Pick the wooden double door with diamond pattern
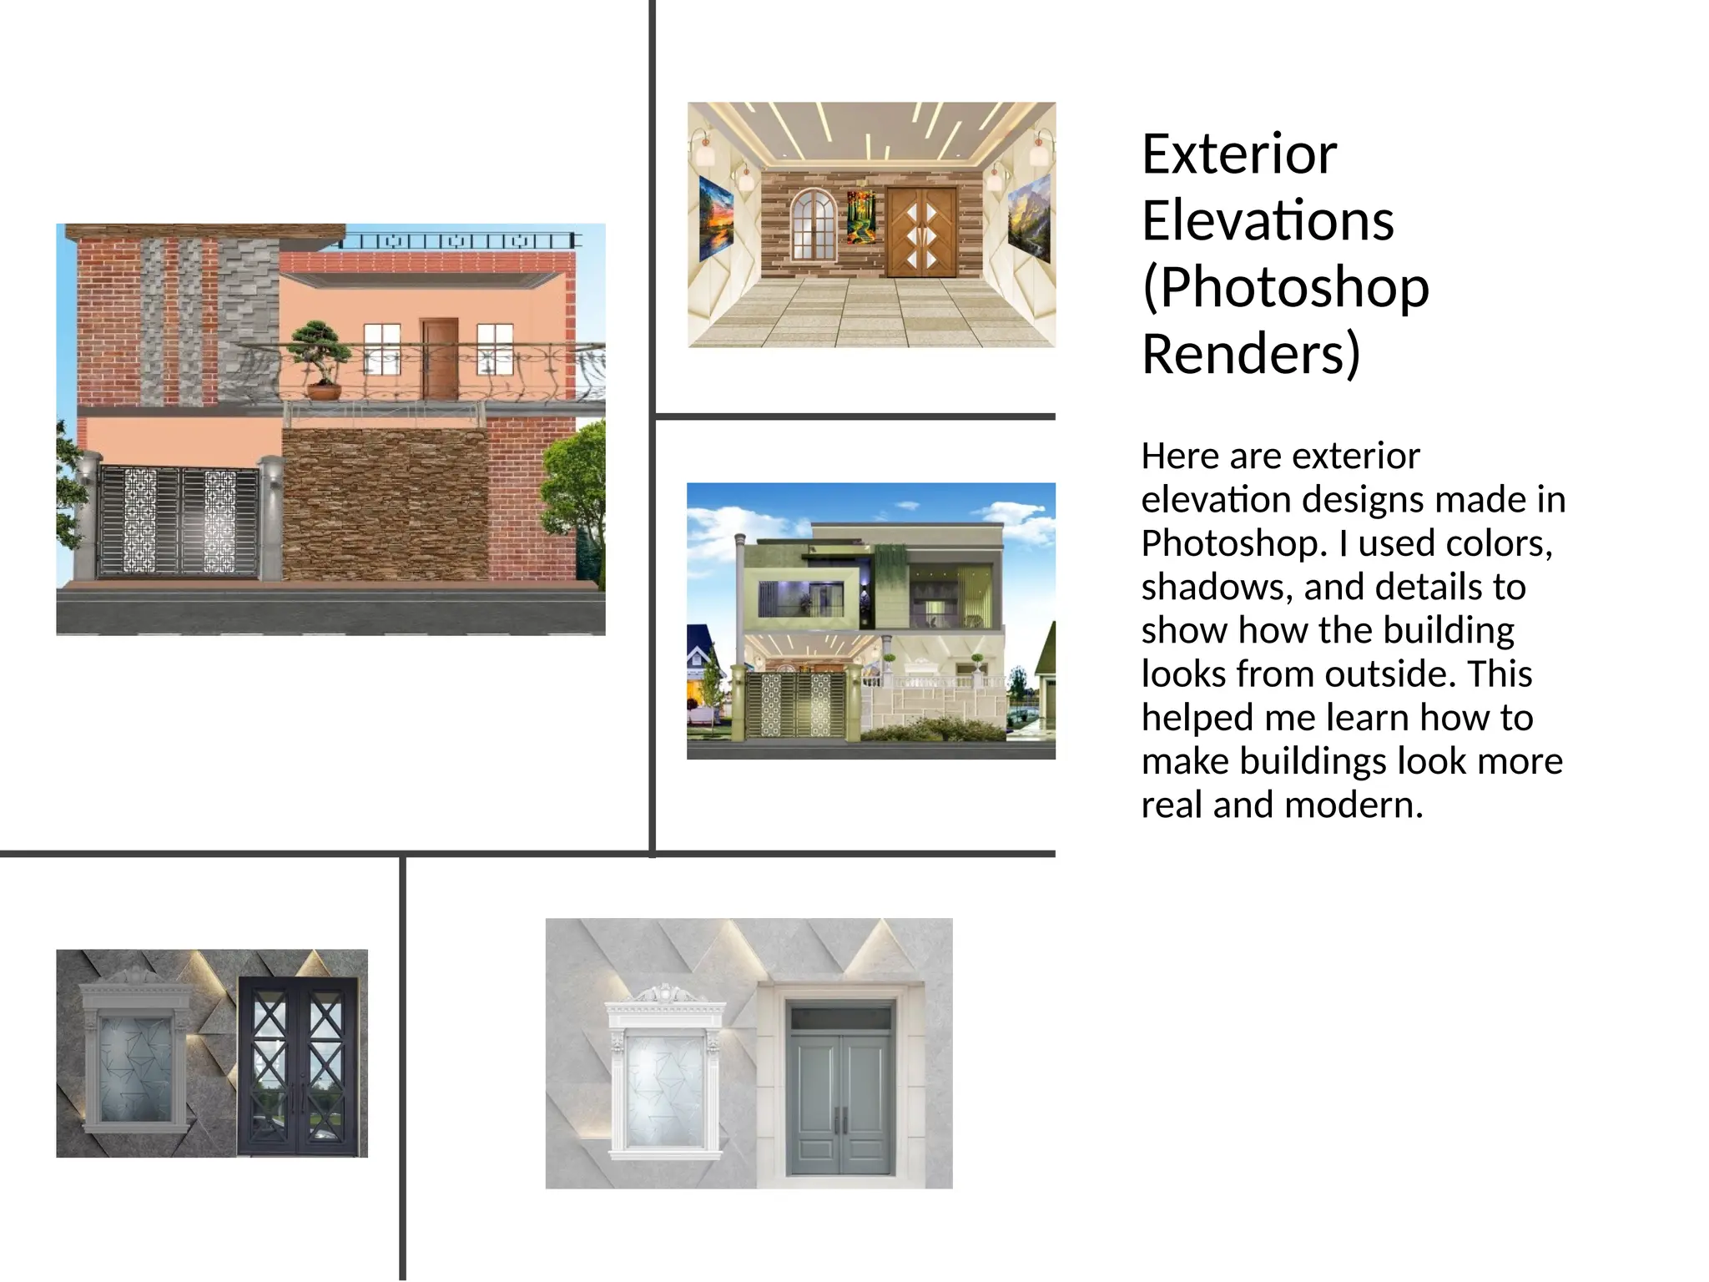pyautogui.click(x=921, y=232)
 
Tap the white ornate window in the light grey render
pyautogui.click(x=664, y=1077)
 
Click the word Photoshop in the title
pyautogui.click(x=1285, y=287)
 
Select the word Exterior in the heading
pyautogui.click(x=1239, y=154)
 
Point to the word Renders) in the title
pyautogui.click(x=1251, y=354)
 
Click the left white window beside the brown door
pyautogui.click(x=383, y=348)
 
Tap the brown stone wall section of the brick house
pyautogui.click(x=384, y=505)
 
